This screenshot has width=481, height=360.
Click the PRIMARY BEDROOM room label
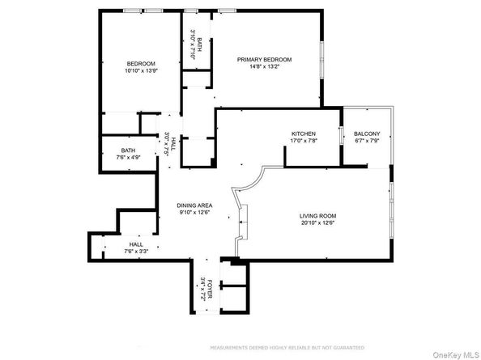point(264,60)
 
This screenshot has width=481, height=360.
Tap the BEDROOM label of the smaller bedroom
point(140,64)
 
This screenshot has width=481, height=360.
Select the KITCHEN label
point(304,133)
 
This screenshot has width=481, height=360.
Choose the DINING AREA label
point(195,205)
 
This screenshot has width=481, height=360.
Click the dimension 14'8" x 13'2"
point(264,68)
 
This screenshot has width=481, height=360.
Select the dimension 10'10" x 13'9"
point(140,72)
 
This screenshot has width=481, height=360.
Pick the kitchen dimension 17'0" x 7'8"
point(304,142)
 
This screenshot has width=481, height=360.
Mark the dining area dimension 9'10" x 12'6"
point(195,214)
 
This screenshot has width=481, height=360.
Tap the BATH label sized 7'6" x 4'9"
point(129,150)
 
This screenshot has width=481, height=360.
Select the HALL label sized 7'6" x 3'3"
point(135,244)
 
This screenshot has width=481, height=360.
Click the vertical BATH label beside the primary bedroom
point(199,38)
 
